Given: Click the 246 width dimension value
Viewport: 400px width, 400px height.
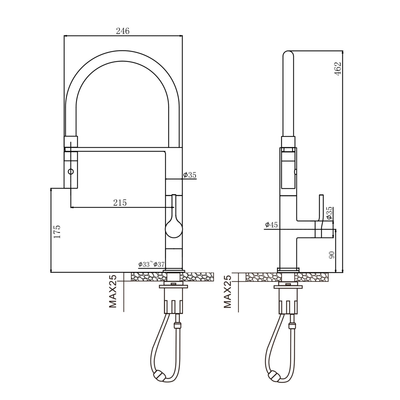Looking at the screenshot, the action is coord(122,31).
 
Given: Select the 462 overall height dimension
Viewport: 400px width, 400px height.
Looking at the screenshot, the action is coord(338,69).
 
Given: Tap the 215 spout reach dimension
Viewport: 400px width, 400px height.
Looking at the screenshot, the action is coord(120,202).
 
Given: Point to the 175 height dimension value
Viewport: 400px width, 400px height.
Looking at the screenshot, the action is coord(57,232).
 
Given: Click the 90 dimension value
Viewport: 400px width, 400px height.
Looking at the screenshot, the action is coord(332,255).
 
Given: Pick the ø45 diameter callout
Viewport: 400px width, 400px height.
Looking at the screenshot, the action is coord(271,224).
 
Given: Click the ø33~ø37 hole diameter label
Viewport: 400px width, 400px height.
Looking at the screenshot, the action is coord(151,264).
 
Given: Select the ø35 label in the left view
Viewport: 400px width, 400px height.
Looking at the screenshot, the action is coord(190,175).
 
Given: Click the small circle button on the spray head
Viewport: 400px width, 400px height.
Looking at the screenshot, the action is coord(71,172).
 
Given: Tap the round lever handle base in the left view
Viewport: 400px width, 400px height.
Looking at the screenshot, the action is coord(174,230).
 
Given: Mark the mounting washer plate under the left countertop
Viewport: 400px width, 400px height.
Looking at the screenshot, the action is coord(174,287).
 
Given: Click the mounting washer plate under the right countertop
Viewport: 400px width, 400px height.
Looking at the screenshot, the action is coord(288,287).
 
